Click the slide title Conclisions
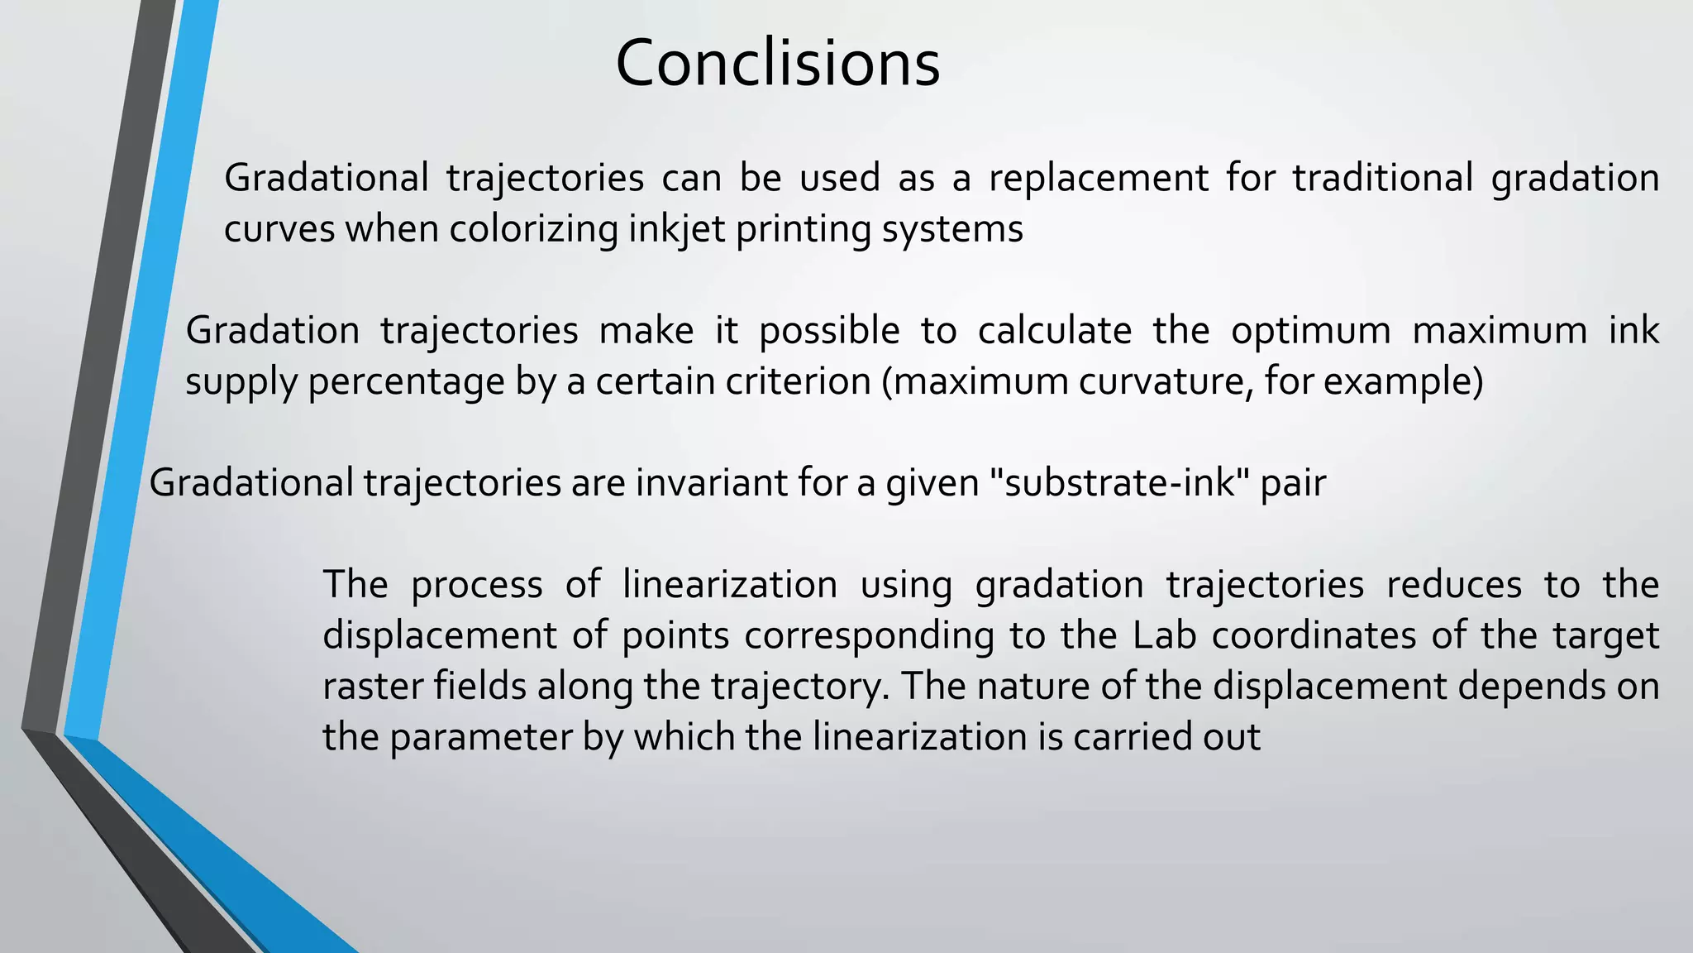pos(777,64)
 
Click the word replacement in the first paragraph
pos(1098,178)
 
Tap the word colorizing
pos(533,229)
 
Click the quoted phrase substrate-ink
pos(1120,482)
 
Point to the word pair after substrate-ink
pos(1293,482)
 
